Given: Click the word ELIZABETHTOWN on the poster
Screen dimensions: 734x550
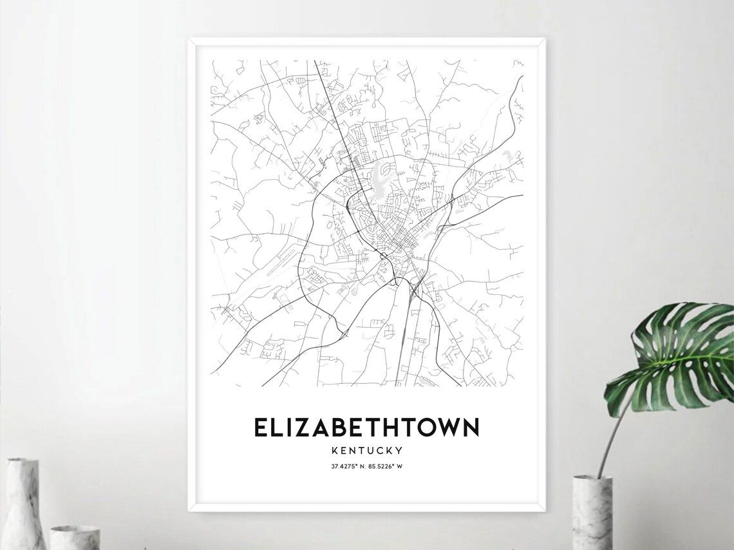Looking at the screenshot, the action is [366, 428].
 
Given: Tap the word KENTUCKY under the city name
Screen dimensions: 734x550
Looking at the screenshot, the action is [366, 450].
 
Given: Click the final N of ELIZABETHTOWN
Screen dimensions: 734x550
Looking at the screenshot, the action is [469, 428].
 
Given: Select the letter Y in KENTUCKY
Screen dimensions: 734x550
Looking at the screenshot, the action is [399, 450].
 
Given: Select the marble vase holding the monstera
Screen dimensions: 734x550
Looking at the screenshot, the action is [592, 512].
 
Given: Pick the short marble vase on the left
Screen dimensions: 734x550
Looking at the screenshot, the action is [75, 538].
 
